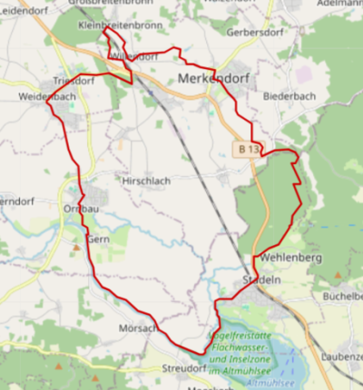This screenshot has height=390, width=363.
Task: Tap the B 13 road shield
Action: [x=250, y=148]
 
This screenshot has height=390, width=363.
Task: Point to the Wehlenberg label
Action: [x=290, y=258]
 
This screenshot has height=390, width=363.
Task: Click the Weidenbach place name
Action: [x=46, y=95]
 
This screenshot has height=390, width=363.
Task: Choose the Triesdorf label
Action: [x=73, y=81]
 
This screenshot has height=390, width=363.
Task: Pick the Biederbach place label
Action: [x=288, y=95]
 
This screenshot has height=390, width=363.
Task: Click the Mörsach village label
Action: [x=139, y=326]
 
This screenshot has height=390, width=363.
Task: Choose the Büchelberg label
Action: [x=342, y=296]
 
